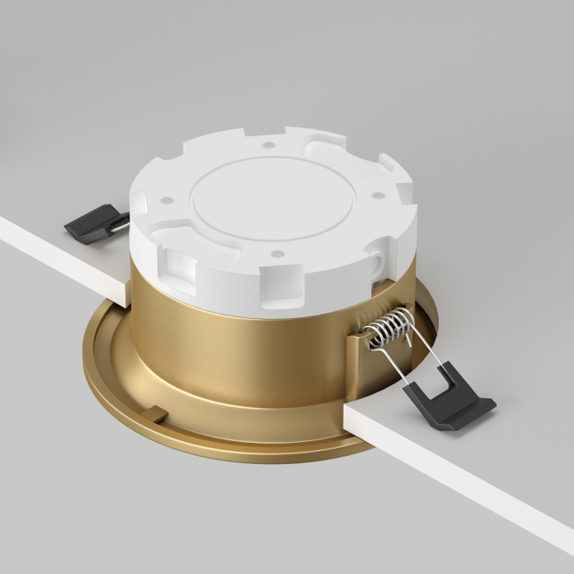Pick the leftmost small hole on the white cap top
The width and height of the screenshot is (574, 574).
coord(166,199)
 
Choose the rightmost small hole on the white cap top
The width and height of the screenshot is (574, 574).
coord(377,194)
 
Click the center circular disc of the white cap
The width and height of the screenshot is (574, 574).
coord(271,197)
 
